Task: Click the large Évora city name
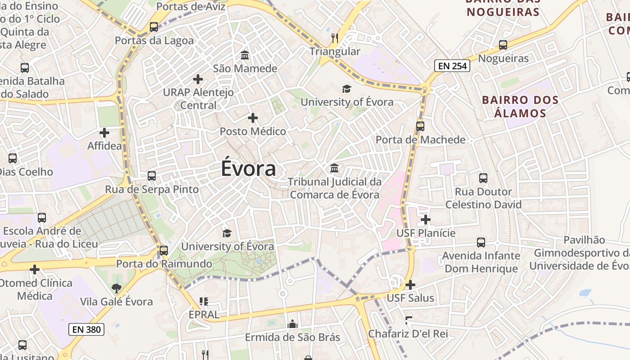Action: tap(248, 169)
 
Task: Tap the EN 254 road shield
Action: tap(452, 66)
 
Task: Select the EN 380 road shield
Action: tap(86, 329)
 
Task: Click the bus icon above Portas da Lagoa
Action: tap(154, 27)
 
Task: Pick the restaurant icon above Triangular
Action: tap(334, 38)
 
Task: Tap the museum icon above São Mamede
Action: tap(245, 55)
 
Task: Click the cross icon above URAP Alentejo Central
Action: tap(198, 79)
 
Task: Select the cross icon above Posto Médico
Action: tap(253, 118)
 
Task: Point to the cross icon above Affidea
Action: tap(104, 133)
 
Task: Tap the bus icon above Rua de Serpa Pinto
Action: tap(152, 176)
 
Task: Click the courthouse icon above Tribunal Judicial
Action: tap(334, 168)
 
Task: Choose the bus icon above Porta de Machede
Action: tap(420, 126)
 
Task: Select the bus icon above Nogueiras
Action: tap(503, 45)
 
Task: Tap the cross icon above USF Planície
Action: tap(426, 220)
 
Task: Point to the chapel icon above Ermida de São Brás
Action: tap(292, 324)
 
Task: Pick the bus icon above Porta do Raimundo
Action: tap(164, 251)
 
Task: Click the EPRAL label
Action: tap(204, 315)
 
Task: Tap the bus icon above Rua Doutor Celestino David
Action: tap(483, 178)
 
